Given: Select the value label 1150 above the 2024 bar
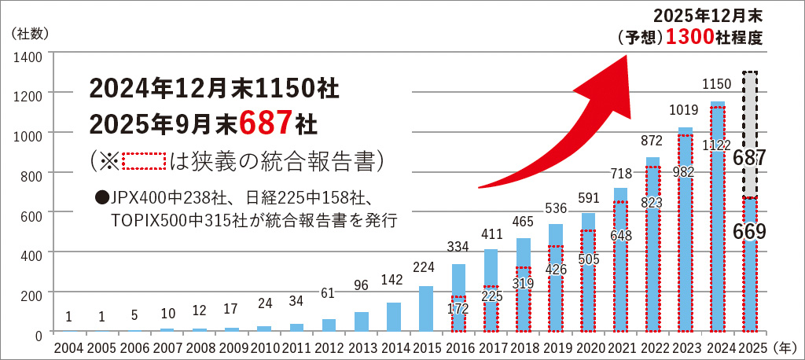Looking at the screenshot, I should pos(717,83).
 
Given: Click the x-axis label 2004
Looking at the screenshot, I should pos(68,347).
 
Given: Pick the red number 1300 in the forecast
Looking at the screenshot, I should pos(689,36).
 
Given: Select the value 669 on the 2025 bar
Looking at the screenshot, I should pos(750,231).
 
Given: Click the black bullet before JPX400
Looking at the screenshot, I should pos(101,197).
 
